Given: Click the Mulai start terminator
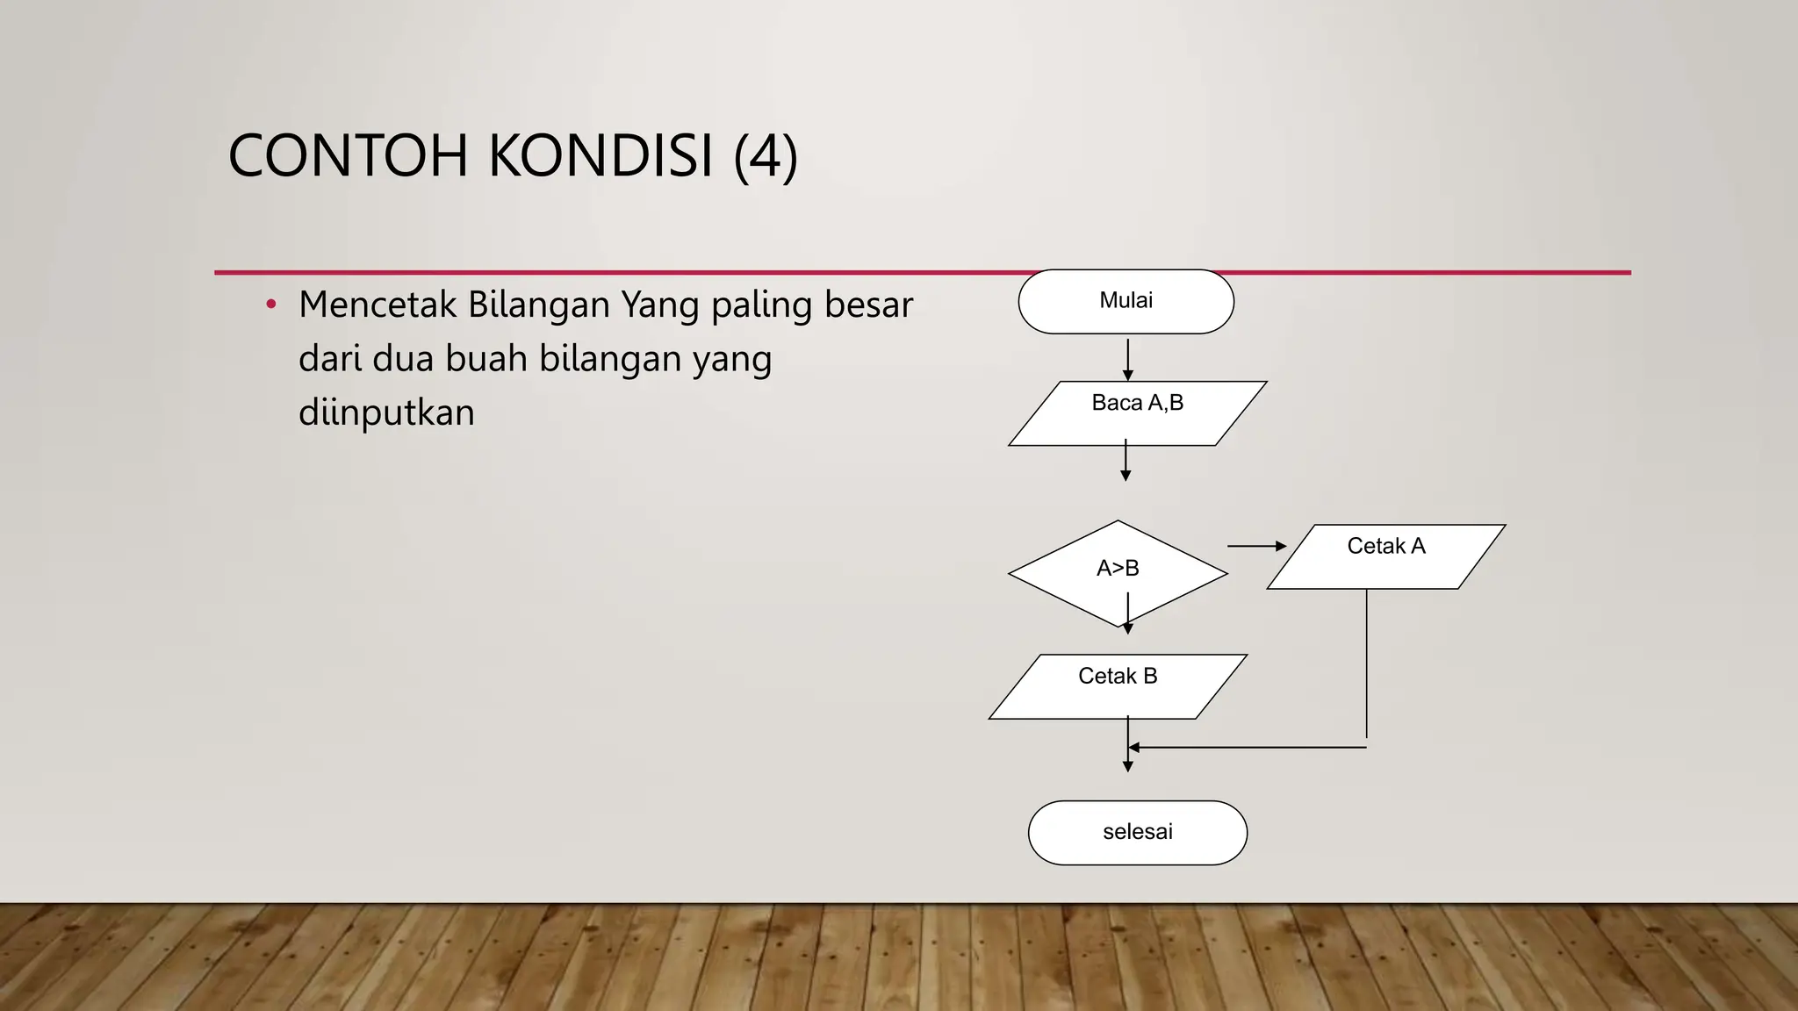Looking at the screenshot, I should click(1126, 301).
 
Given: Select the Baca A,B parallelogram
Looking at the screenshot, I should click(1137, 413).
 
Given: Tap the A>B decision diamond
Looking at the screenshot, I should click(1118, 570).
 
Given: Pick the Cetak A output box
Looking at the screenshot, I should click(1386, 556).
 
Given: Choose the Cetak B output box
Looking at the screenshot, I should click(1118, 686).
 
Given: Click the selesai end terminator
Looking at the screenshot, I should click(1137, 832).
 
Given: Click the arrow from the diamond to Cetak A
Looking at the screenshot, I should click(1256, 546).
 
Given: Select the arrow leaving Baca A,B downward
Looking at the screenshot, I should click(1126, 461).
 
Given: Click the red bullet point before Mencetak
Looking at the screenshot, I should click(271, 305).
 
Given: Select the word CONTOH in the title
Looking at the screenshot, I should click(348, 156).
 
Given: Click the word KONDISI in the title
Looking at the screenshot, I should click(600, 156).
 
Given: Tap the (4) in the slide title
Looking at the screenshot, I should click(766, 156).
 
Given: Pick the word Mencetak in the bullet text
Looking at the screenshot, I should click(378, 305).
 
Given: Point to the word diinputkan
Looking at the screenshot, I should click(386, 412).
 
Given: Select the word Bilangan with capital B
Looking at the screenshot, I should click(539, 305).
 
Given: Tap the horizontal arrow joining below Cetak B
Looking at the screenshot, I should click(1247, 748).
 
